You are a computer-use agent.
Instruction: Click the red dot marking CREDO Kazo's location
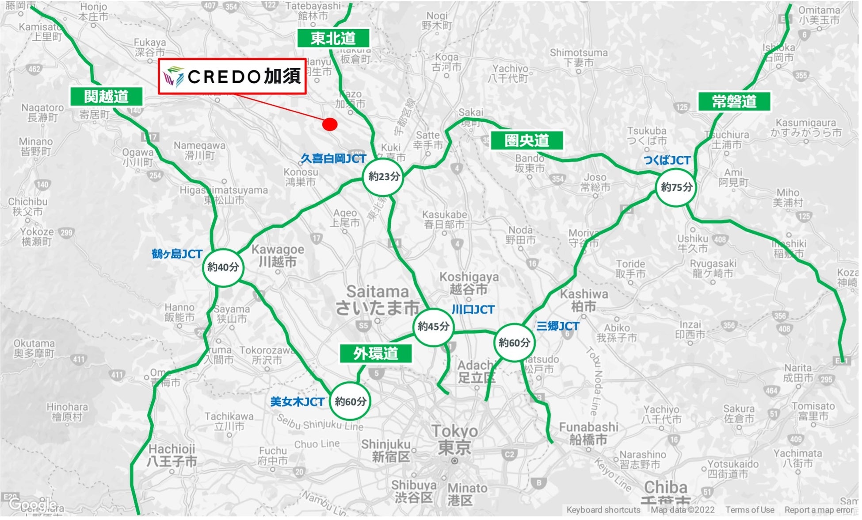point(330,124)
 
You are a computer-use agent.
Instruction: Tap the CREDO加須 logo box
point(233,77)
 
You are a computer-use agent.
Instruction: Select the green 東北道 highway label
point(333,39)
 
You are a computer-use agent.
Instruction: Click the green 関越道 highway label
point(107,96)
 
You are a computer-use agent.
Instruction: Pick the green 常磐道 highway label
point(734,102)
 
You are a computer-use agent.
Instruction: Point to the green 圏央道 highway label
point(527,140)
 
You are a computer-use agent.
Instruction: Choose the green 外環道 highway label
point(376,353)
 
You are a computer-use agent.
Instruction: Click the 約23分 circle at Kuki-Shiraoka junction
point(383,177)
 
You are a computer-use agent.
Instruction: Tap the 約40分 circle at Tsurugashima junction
point(223,267)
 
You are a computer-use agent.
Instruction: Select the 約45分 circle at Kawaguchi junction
point(433,327)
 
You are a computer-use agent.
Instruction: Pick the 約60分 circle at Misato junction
point(514,342)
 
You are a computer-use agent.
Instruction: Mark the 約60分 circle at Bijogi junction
point(351,401)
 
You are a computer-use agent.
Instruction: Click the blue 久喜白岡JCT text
point(333,158)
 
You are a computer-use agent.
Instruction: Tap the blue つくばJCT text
point(667,160)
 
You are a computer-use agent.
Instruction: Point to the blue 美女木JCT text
point(298,402)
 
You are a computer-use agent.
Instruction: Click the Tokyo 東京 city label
point(454,439)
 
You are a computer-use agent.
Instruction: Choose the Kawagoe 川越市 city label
point(278,255)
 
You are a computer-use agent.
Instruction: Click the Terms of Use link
point(750,510)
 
